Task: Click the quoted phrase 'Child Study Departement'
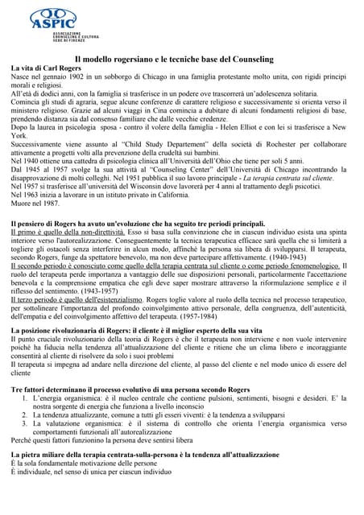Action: [x=161, y=144]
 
